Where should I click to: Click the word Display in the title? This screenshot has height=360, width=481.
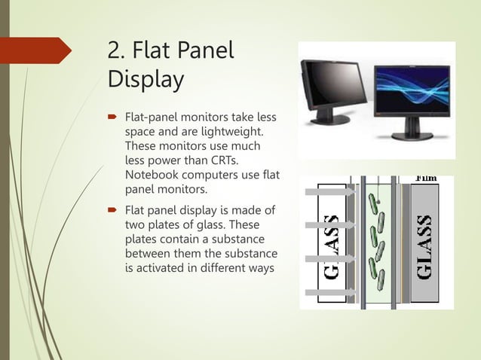[x=146, y=79]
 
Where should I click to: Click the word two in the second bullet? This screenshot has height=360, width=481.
[x=136, y=224]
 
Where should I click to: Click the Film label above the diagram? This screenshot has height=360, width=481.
[x=428, y=178]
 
